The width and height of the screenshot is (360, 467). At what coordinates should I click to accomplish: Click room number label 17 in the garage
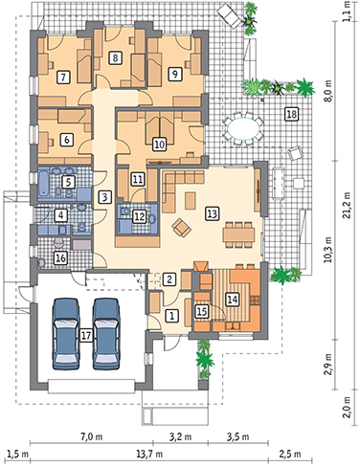(x=86, y=335)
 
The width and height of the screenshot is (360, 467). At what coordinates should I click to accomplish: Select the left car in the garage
(x=66, y=334)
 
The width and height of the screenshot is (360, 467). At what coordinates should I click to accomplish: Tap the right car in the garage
(x=106, y=334)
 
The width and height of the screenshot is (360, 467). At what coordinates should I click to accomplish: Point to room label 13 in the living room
(x=213, y=213)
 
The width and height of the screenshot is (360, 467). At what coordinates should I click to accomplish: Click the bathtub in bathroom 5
(x=43, y=184)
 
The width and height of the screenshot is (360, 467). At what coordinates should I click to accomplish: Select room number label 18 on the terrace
(x=291, y=114)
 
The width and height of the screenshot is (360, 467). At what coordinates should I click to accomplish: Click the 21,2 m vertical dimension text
(x=347, y=205)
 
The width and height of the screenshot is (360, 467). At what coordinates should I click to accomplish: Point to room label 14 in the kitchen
(x=232, y=300)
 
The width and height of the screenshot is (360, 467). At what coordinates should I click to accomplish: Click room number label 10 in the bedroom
(x=160, y=145)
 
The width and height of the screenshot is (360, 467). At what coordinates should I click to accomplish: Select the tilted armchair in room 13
(x=182, y=228)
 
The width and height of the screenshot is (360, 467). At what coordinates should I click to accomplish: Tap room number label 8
(x=115, y=57)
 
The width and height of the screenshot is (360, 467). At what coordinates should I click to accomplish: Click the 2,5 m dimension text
(x=292, y=454)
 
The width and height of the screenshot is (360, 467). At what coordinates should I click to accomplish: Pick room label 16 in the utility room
(x=60, y=257)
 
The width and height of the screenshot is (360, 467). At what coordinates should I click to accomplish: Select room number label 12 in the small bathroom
(x=140, y=216)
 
